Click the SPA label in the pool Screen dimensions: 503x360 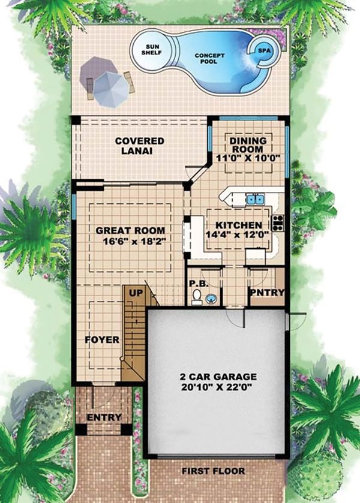tap(264, 51)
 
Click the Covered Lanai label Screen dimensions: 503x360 tap(140, 146)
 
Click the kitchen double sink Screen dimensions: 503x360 tap(256, 199)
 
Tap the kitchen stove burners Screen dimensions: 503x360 tap(278, 223)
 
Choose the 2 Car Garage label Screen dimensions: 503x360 tap(218, 377)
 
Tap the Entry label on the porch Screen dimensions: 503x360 tap(104, 417)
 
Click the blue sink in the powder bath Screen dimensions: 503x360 tap(211, 298)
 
